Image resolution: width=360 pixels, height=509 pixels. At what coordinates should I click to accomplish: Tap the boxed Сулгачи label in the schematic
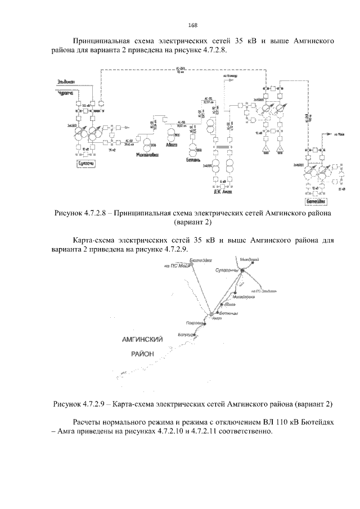point(85,163)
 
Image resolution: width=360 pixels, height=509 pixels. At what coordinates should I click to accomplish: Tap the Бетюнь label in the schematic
point(194,160)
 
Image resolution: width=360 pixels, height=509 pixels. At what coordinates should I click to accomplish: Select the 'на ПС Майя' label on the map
point(174,266)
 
